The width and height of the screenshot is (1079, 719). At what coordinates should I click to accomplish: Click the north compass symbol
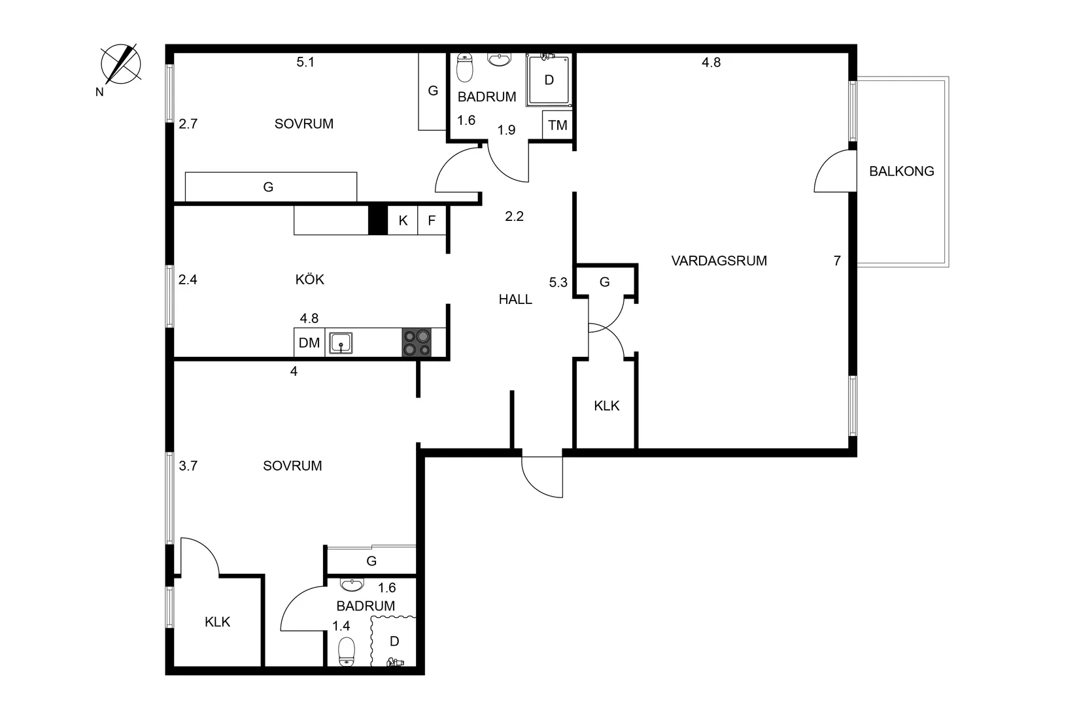pos(121,64)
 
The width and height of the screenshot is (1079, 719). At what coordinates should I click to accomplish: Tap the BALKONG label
pos(901,171)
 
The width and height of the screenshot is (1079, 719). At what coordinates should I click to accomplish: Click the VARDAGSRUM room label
pos(719,261)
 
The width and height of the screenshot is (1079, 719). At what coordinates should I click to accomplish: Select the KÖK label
pos(309,280)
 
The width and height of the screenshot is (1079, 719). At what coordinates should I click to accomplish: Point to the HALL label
pos(515,299)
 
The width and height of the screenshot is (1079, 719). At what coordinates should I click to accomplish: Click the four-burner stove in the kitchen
pos(417,343)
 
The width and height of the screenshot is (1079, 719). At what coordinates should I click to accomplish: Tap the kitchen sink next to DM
pos(340,343)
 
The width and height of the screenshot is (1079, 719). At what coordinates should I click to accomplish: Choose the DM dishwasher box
pos(309,343)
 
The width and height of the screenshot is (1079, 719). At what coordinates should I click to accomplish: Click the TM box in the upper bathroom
pos(557,125)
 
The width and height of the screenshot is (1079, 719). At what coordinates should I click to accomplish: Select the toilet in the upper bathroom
pos(464,67)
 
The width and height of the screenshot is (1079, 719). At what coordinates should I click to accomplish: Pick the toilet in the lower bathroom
pos(347,652)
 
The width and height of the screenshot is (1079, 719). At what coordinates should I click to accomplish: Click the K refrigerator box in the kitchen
pos(403,221)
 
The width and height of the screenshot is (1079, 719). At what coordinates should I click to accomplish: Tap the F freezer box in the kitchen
pos(432,221)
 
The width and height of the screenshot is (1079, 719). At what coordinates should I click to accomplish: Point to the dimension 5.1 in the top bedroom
pos(305,63)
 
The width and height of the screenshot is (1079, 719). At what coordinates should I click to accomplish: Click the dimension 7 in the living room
pos(837,261)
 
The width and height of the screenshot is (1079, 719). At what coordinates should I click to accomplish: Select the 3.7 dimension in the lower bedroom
pos(188,466)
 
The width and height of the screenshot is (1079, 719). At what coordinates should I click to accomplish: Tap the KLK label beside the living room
pos(606,406)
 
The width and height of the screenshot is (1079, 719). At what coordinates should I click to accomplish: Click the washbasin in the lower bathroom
pos(352,584)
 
